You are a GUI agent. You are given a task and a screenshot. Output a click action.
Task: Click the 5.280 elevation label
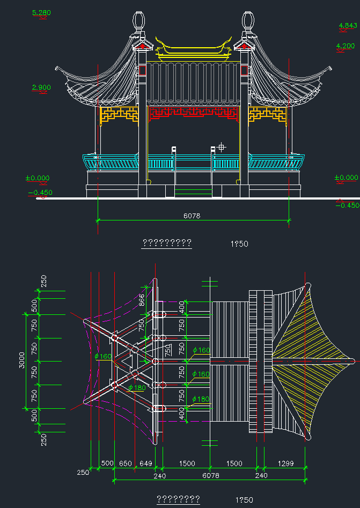coord(42,12)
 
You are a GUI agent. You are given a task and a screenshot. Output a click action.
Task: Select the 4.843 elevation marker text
coord(347,25)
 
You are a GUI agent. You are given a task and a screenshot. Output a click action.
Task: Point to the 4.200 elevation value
coord(345,46)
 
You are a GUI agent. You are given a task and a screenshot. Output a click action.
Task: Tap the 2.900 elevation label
coord(41,87)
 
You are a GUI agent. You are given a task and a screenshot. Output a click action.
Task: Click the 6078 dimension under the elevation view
coord(192,216)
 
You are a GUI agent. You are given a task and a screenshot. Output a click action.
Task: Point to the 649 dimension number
coord(145,463)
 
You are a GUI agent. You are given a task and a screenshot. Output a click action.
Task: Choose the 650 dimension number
coord(125,463)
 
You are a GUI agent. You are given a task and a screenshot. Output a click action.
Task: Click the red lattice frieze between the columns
coord(193,112)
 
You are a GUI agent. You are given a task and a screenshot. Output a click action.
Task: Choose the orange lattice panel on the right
coord(267,114)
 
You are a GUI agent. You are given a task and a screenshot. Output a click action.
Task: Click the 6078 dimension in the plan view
coord(210,475)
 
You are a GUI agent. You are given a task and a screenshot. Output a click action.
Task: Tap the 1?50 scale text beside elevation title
coord(239,244)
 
